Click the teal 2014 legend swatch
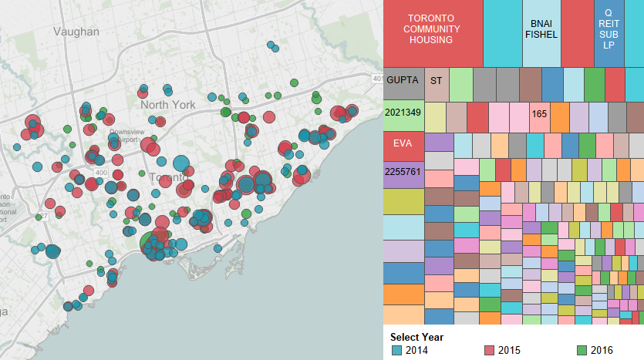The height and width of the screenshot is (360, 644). (396, 351)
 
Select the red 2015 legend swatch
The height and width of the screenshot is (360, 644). (489, 351)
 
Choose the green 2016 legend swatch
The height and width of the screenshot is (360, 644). (582, 351)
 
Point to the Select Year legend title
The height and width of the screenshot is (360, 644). (416, 337)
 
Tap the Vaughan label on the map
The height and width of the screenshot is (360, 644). (76, 32)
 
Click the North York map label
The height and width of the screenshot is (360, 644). (167, 105)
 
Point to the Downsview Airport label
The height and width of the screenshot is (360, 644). (126, 136)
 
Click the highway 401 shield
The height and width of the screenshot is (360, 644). (377, 79)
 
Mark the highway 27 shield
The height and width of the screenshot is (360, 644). (44, 215)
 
